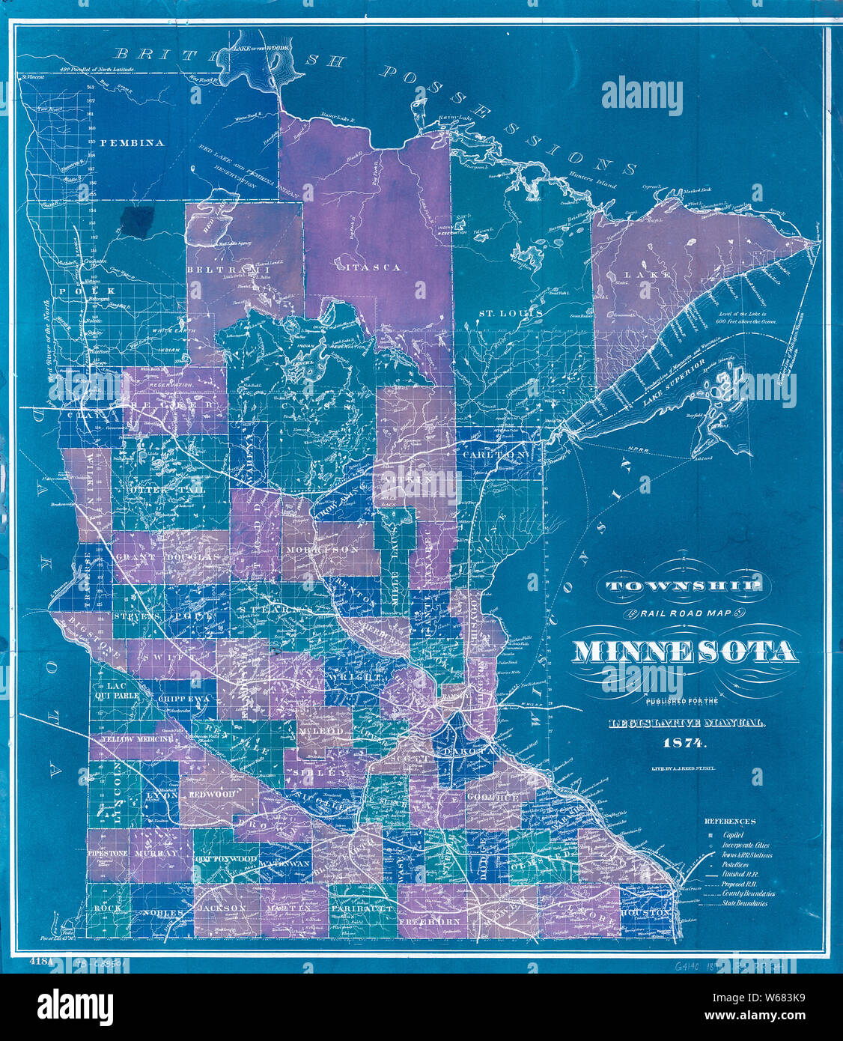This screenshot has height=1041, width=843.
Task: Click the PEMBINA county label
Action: (x=131, y=143)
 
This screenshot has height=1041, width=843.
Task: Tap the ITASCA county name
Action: (x=371, y=267)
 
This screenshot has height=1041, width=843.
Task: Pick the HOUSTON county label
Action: (x=645, y=913)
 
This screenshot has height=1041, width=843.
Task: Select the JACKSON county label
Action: (x=221, y=907)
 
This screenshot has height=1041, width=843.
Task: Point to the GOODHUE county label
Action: (x=493, y=798)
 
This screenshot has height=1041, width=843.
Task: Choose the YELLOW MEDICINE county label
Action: (x=132, y=738)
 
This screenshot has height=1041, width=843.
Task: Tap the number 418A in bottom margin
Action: (x=39, y=960)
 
